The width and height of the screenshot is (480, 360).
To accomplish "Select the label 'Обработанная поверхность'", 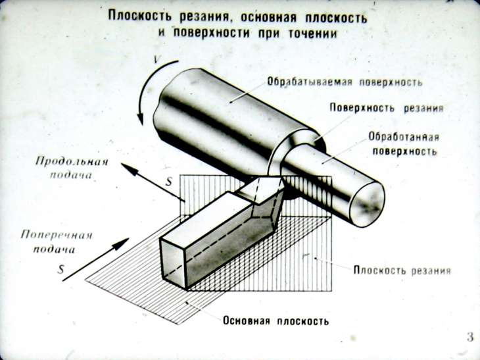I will click(402, 144).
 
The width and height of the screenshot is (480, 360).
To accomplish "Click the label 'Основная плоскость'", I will click(276, 321).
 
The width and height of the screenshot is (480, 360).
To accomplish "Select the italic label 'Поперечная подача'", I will click(57, 242).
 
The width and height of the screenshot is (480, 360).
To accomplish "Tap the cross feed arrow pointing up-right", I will click(95, 261).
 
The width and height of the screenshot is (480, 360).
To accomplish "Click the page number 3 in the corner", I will click(469, 338).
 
